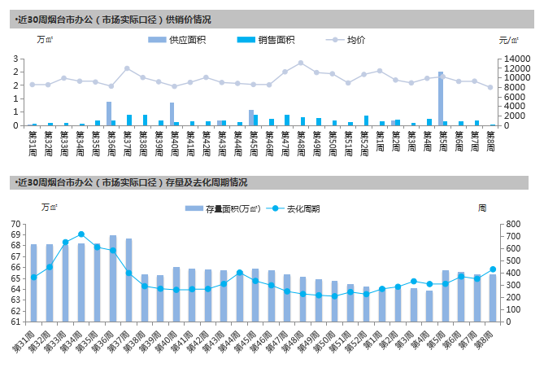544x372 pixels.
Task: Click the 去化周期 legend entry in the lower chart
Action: click(x=298, y=209)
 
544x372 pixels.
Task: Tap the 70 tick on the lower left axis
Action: click(x=15, y=224)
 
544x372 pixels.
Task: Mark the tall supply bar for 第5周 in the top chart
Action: click(x=441, y=98)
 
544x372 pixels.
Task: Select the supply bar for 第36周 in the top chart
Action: click(x=109, y=113)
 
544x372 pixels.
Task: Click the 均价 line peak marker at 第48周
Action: click(x=301, y=63)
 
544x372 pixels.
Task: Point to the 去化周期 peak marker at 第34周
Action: click(x=81, y=234)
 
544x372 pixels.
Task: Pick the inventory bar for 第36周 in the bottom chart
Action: click(x=112, y=278)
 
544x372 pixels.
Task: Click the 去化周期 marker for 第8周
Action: click(x=493, y=269)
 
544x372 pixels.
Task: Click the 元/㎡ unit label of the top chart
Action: click(x=509, y=39)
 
